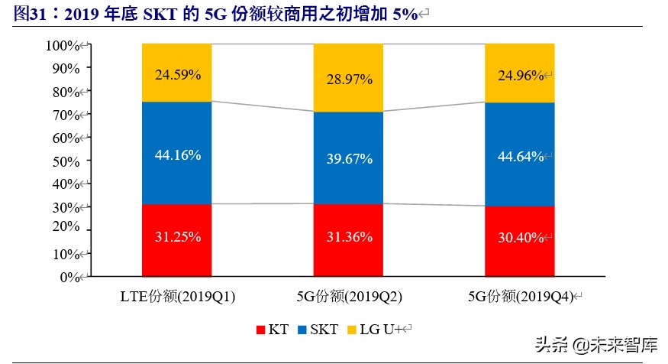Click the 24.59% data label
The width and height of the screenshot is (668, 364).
click(178, 75)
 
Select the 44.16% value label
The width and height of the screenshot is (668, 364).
click(178, 155)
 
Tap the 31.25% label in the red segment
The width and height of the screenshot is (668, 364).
click(178, 237)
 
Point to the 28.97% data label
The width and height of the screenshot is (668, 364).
click(349, 79)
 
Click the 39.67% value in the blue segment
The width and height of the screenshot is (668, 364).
click(349, 159)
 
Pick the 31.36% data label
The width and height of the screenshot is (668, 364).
click(349, 237)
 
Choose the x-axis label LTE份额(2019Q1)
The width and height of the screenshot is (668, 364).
click(178, 296)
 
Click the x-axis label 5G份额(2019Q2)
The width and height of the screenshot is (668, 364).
click(349, 296)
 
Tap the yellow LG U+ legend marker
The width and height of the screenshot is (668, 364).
click(351, 330)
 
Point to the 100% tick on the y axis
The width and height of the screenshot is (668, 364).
click(63, 45)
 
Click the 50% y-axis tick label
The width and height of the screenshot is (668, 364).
click(65, 161)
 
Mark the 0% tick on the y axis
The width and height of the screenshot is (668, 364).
click(68, 277)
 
